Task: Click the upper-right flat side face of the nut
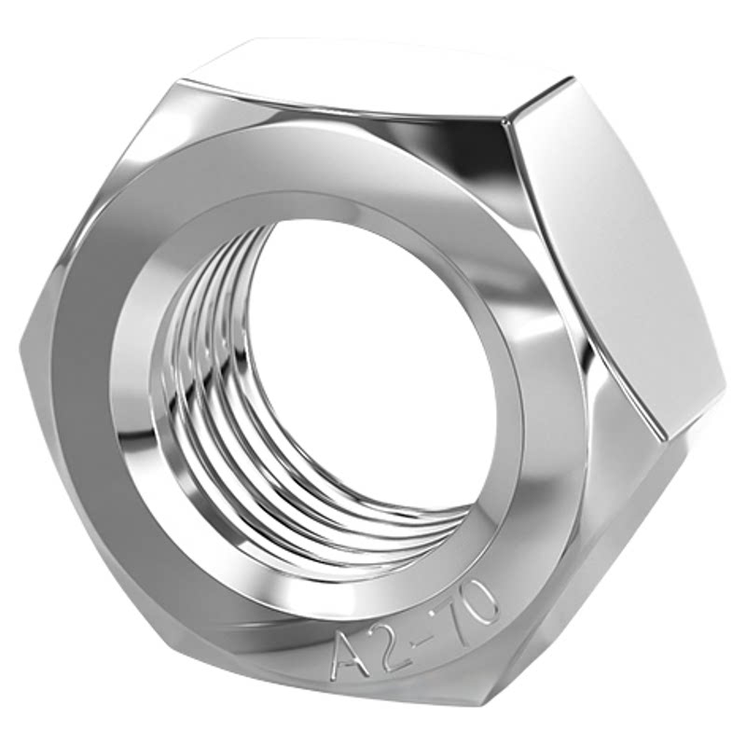point(614,257)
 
